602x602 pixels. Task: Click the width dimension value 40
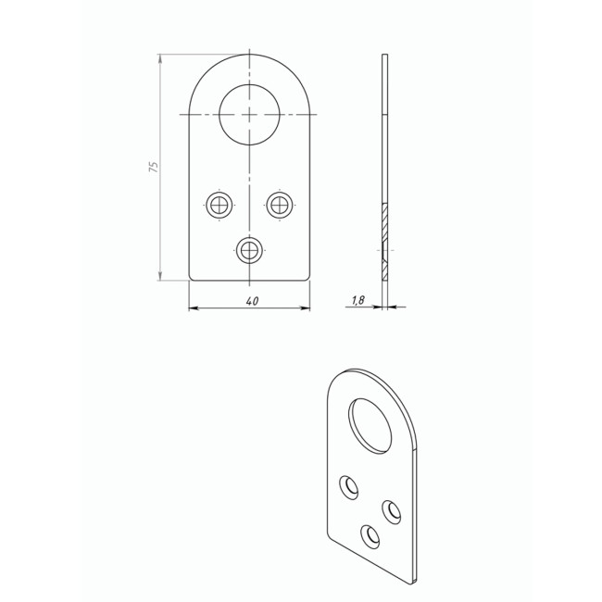click(252, 301)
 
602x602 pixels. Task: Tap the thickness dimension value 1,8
click(357, 300)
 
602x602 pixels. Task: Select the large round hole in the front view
click(249, 115)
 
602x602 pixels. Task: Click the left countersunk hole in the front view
click(219, 205)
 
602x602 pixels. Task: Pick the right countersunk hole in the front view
click(280, 205)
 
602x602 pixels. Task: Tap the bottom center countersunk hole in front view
click(249, 250)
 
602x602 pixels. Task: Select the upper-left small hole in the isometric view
click(349, 487)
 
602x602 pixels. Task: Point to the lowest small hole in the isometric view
click(370, 537)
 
